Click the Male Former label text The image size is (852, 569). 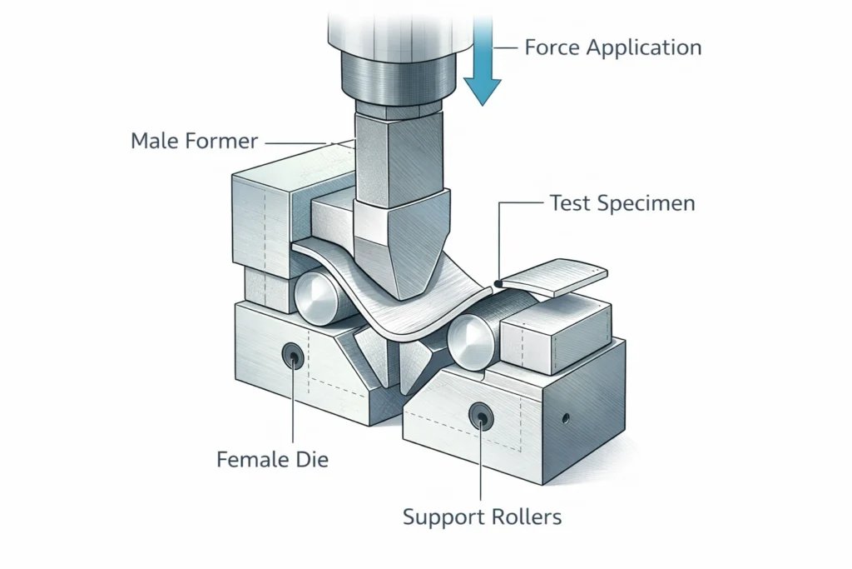pyautogui.click(x=194, y=140)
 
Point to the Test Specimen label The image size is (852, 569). pyautogui.click(x=622, y=202)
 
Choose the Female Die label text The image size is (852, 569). pyautogui.click(x=272, y=459)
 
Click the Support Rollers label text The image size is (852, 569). pyautogui.click(x=482, y=517)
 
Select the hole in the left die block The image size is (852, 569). pyautogui.click(x=292, y=357)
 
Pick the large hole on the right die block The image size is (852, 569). pyautogui.click(x=480, y=416)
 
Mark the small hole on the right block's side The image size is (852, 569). pyautogui.click(x=566, y=417)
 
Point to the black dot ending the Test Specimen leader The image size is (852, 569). pyautogui.click(x=496, y=284)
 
